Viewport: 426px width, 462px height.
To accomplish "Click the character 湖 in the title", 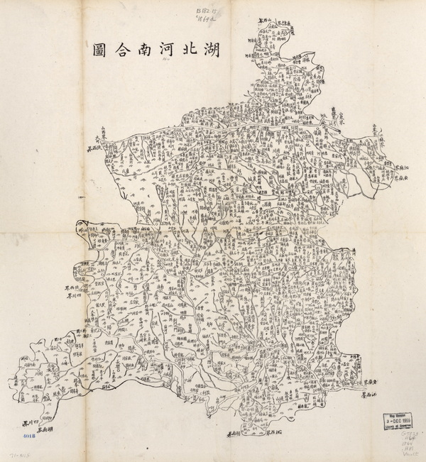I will click(207, 50).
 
